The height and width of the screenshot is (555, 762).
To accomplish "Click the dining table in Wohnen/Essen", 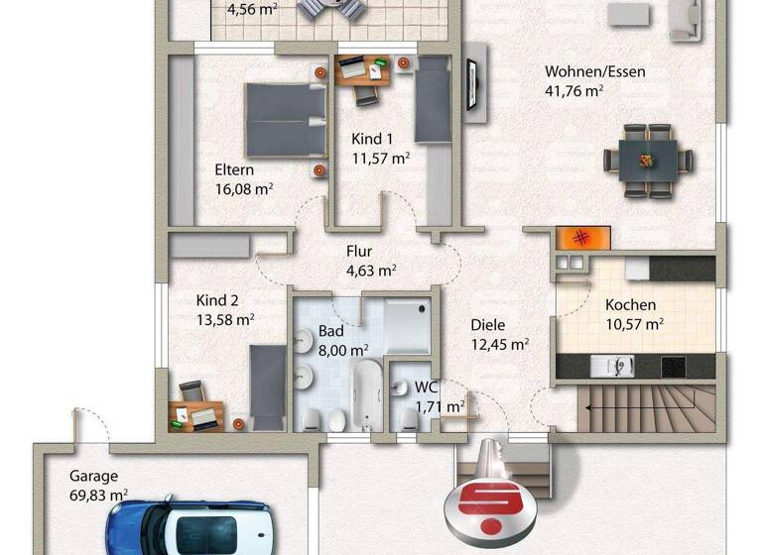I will click(x=649, y=159).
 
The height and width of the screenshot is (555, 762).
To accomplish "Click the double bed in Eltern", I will click(x=286, y=119).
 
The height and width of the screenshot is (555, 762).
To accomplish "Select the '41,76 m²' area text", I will click(x=574, y=90).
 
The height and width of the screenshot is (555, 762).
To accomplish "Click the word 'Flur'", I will click(x=359, y=252).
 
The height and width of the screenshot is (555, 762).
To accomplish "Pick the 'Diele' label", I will click(x=488, y=325).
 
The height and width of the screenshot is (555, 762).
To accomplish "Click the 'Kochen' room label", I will click(x=631, y=305).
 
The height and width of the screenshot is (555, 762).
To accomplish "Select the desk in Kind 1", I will click(x=363, y=70).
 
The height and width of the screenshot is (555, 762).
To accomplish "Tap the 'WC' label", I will click(x=427, y=388).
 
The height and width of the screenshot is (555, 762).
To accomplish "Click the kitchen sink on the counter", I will click(x=614, y=367).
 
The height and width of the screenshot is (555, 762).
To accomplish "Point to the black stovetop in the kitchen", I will click(x=675, y=367).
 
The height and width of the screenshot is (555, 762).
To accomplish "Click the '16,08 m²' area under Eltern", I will click(x=244, y=188).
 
